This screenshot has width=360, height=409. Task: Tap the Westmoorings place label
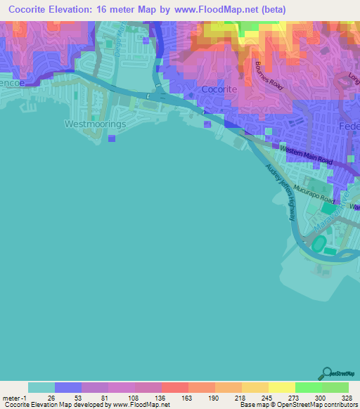[94, 124]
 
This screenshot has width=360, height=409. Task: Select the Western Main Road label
[306, 155]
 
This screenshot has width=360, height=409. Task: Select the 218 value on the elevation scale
[240, 397]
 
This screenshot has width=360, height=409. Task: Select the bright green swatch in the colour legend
[308, 387]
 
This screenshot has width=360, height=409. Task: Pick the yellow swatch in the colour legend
[281, 387]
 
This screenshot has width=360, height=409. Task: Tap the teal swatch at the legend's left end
[41, 387]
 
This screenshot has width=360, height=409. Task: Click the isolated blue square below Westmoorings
[111, 138]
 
